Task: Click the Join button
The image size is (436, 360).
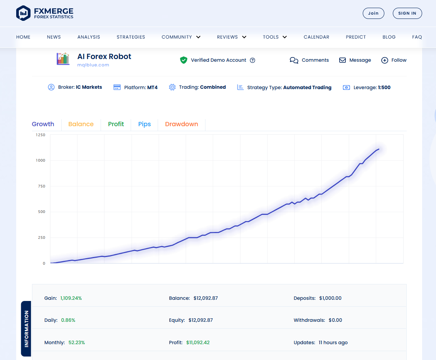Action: click(x=373, y=13)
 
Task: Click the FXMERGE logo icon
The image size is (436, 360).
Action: click(x=23, y=13)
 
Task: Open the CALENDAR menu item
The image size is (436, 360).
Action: click(x=316, y=37)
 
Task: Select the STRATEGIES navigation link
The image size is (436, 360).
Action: click(x=131, y=37)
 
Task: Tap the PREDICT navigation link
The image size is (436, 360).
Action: click(x=355, y=37)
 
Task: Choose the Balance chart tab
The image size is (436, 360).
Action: click(x=81, y=124)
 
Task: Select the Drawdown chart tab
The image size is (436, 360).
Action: click(x=181, y=124)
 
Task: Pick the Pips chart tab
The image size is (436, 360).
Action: click(x=144, y=124)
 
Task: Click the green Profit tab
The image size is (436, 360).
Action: click(x=116, y=124)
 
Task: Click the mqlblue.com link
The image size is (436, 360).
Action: click(x=93, y=65)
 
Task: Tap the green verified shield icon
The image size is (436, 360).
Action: click(x=183, y=60)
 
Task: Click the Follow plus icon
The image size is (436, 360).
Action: click(x=384, y=60)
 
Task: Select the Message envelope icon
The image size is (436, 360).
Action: click(x=342, y=60)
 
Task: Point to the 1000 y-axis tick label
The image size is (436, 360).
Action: click(x=41, y=161)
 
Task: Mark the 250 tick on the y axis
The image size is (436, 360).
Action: click(x=41, y=238)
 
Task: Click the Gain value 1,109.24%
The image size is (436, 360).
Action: click(x=71, y=298)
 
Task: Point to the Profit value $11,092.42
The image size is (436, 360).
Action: click(x=198, y=343)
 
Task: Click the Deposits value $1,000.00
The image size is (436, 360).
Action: click(x=330, y=298)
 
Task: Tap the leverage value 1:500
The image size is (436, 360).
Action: click(x=384, y=88)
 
